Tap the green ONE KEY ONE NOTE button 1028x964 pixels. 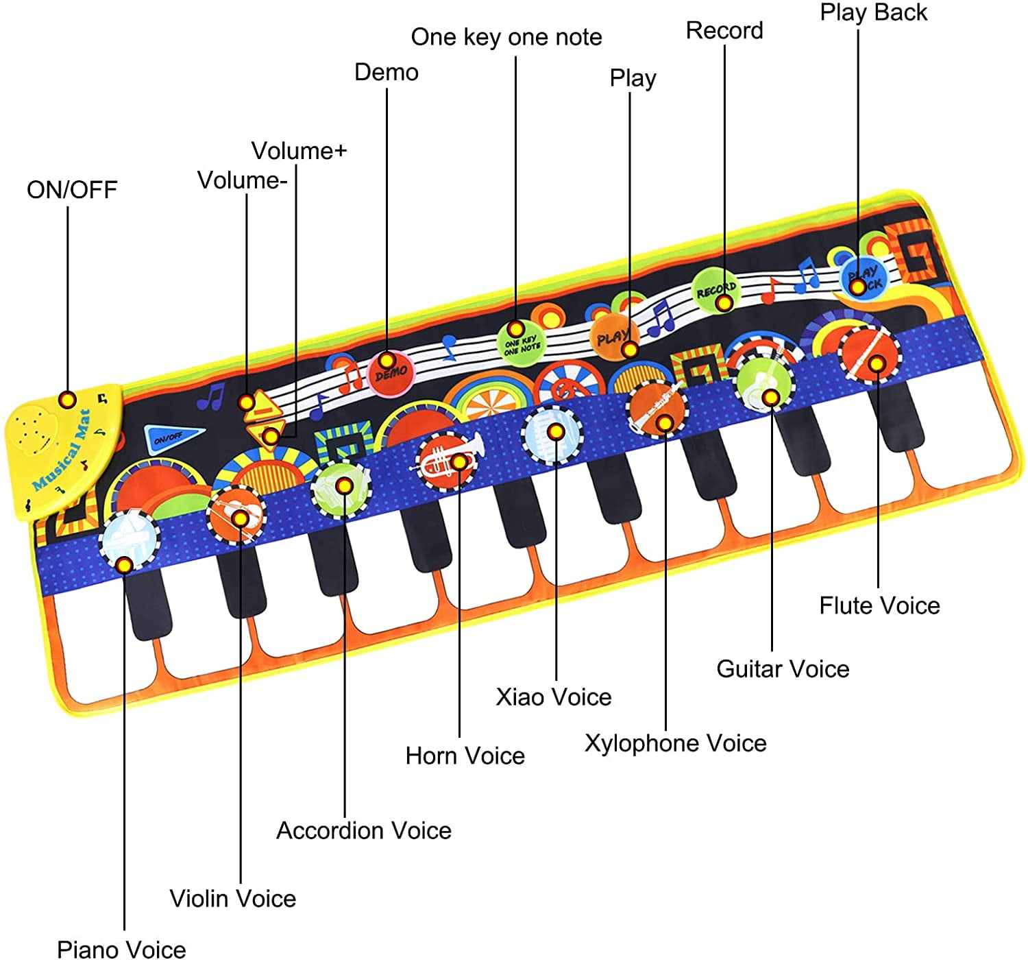pyautogui.click(x=521, y=344)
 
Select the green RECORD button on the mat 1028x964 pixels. pyautogui.click(x=716, y=290)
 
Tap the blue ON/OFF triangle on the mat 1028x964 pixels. pyautogui.click(x=172, y=437)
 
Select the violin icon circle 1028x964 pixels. pyautogui.click(x=236, y=515)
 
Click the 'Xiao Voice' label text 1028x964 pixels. pyautogui.click(x=553, y=697)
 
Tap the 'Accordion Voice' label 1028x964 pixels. pyautogui.click(x=364, y=830)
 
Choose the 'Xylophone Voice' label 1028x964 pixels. pyautogui.click(x=676, y=743)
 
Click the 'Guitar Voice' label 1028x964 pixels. pyautogui.click(x=783, y=668)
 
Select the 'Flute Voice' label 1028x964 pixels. pyautogui.click(x=879, y=605)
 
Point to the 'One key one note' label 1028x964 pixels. pyautogui.click(x=506, y=37)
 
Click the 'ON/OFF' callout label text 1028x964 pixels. pyautogui.click(x=72, y=190)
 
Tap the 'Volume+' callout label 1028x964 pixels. pyautogui.click(x=299, y=152)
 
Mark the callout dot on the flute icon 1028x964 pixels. pyautogui.click(x=877, y=363)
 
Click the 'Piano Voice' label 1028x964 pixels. pyautogui.click(x=121, y=950)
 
